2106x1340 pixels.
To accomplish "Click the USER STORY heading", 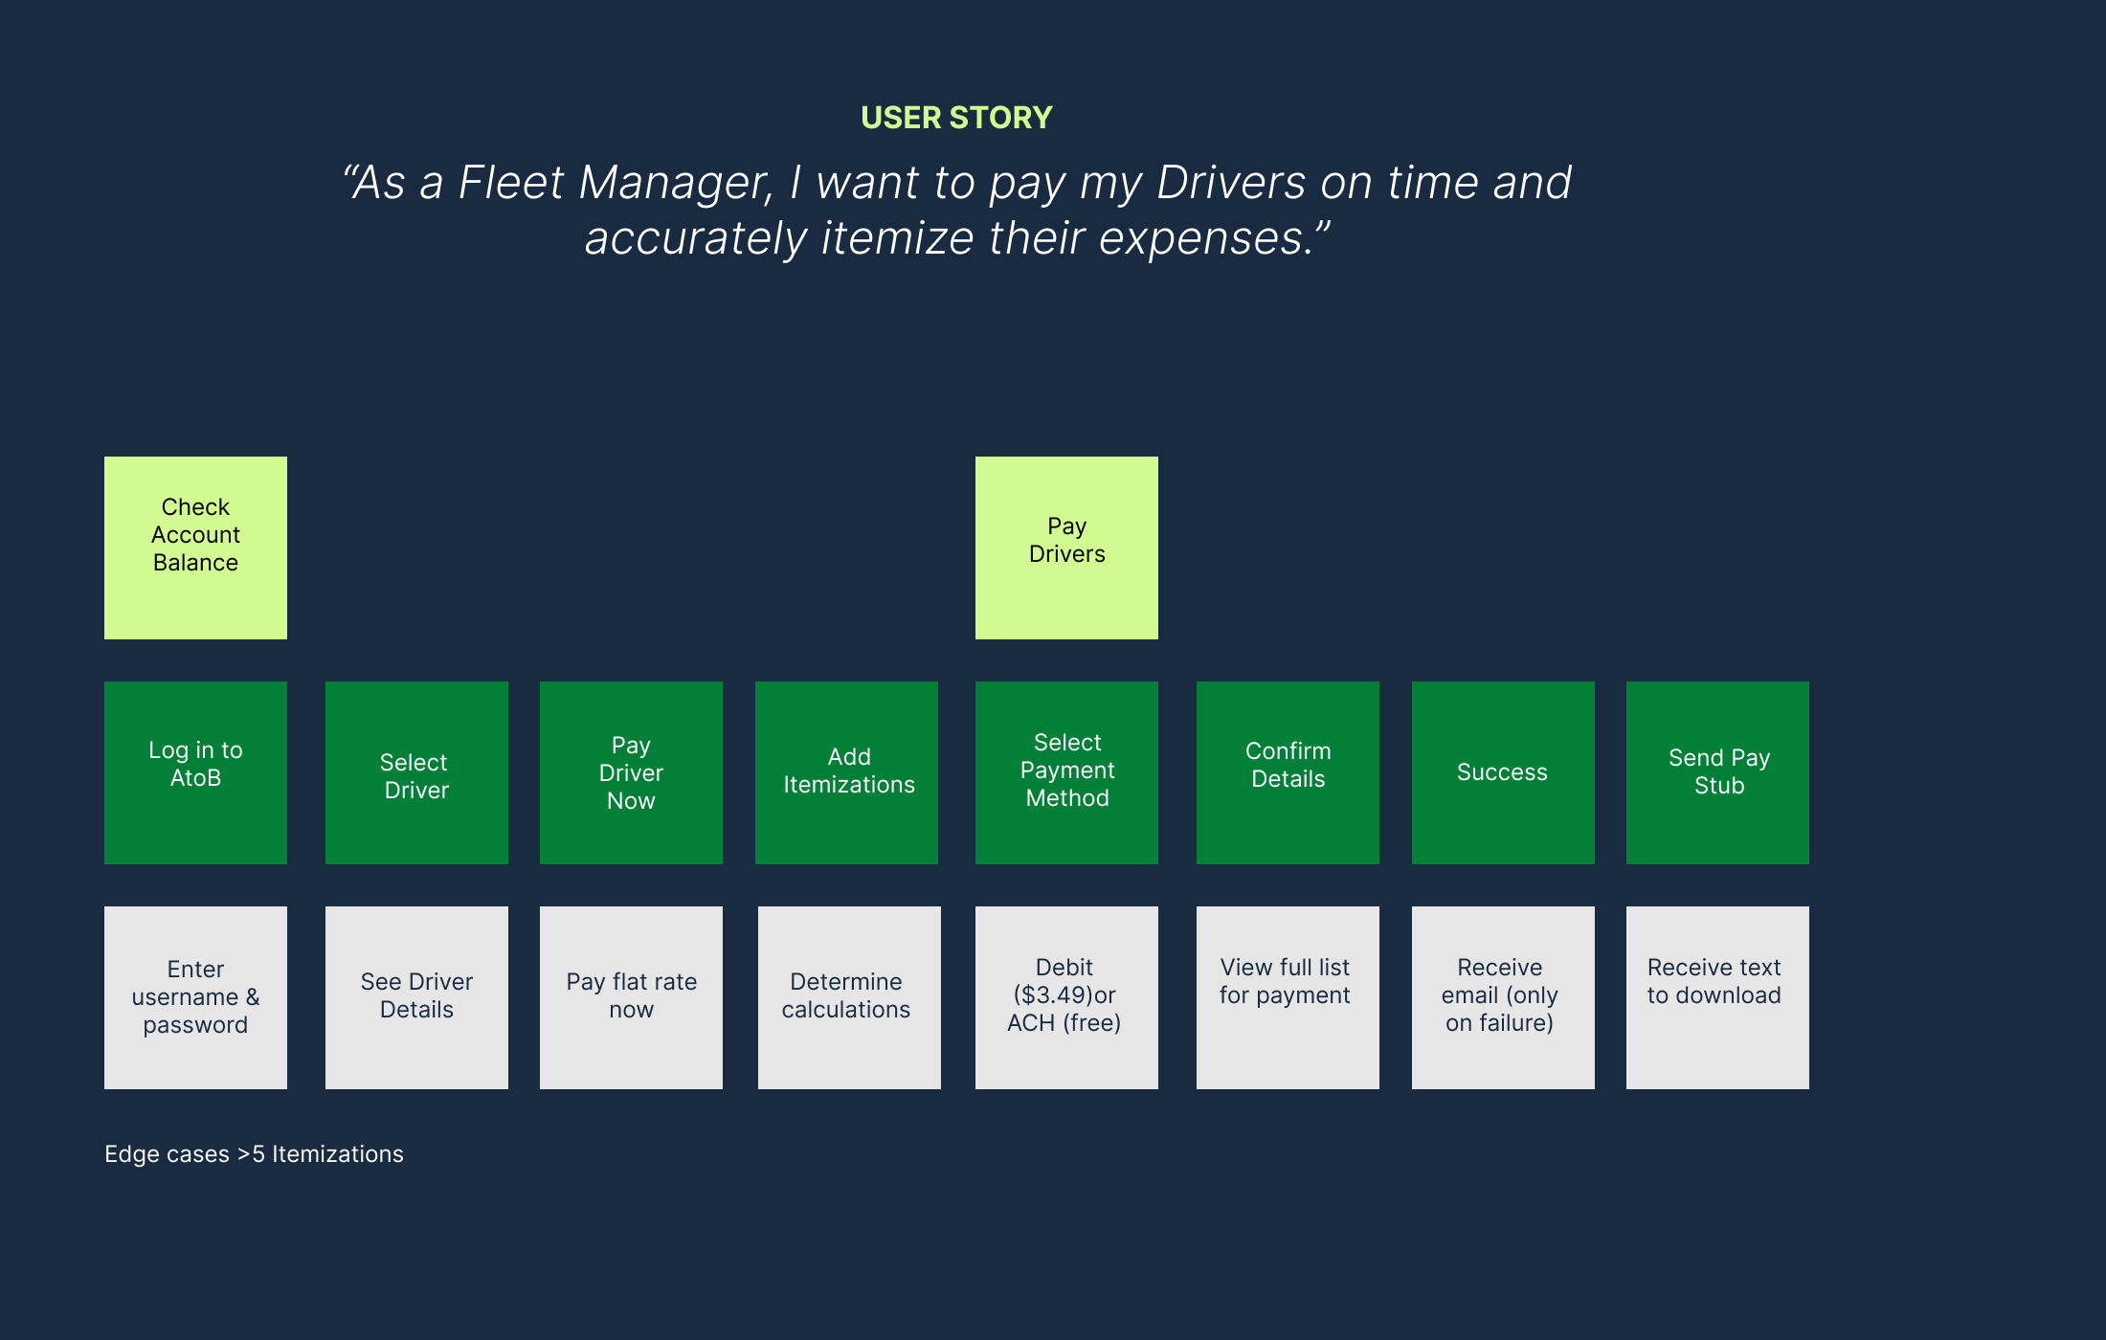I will (956, 118).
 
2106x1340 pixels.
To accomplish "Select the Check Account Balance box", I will (195, 547).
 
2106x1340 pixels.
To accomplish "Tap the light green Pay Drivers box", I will (1066, 547).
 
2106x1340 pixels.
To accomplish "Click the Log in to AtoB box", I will (195, 772).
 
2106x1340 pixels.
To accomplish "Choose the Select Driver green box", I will (416, 772).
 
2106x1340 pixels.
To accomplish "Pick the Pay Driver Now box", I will (631, 772).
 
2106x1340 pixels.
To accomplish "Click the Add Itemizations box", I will (846, 772).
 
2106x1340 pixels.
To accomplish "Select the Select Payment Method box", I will (1066, 772).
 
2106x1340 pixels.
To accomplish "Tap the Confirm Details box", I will (1288, 772).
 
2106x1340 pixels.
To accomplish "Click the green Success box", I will (1503, 772).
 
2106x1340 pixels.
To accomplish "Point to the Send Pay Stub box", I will (1717, 772).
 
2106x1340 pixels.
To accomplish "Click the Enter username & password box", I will (195, 997).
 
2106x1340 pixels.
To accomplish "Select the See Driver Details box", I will (416, 997).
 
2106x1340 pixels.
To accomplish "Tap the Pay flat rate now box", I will (631, 997).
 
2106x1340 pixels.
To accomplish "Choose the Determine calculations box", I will (848, 997).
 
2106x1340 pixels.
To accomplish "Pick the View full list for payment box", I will (1288, 997).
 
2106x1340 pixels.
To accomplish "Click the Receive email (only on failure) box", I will (1503, 997).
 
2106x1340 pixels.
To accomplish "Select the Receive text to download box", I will (1717, 997).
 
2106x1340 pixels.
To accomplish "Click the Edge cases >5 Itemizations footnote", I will (254, 1154).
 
